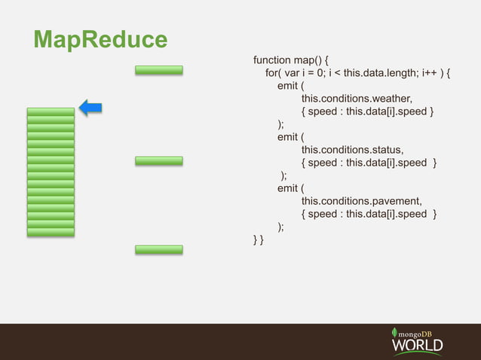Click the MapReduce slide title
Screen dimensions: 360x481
pos(99,39)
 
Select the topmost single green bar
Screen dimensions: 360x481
pos(159,70)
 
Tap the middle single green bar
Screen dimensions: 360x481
pos(159,160)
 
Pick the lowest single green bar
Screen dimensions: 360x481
pos(159,249)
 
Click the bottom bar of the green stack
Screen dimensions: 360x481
pos(51,232)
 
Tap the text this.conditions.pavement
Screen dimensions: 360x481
pos(361,201)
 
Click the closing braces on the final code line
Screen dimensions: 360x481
pos(258,239)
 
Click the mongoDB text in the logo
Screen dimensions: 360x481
pos(422,332)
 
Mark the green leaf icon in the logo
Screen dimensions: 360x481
pos(395,332)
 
